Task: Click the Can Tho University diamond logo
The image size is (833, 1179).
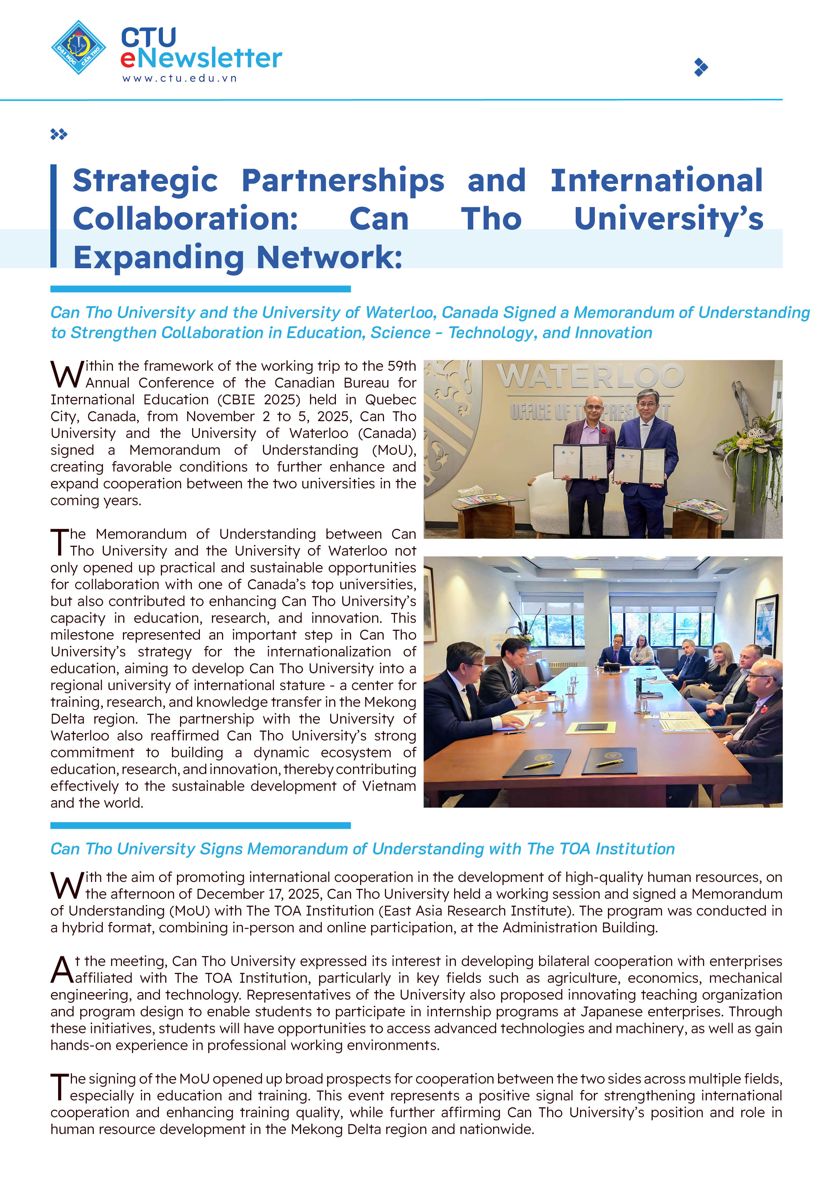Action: point(79,47)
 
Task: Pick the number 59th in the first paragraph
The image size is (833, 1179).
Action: point(401,366)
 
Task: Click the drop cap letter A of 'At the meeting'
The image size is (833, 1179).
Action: point(61,970)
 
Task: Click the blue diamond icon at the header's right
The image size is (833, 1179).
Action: point(701,67)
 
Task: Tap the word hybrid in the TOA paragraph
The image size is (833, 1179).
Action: point(82,927)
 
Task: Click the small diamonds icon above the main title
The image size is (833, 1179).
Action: point(58,134)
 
